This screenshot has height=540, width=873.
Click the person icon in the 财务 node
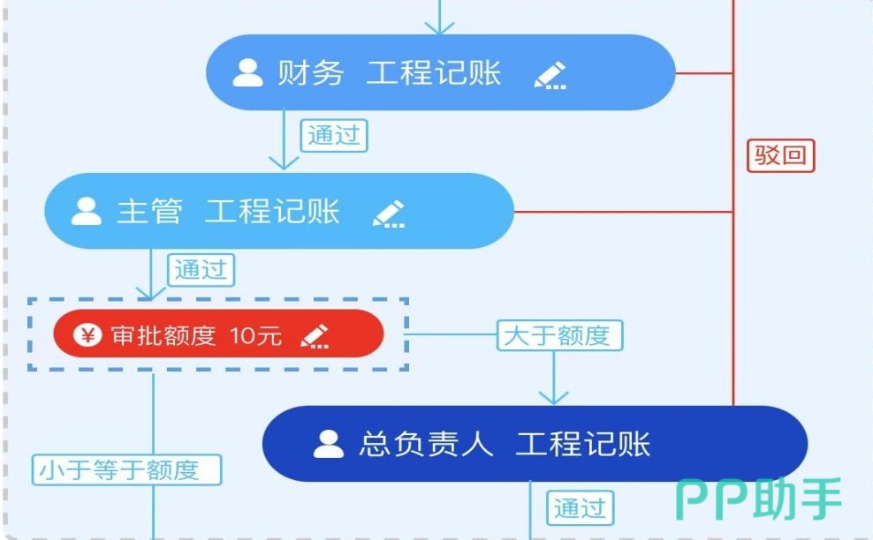pyautogui.click(x=247, y=73)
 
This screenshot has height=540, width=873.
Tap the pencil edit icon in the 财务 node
pyautogui.click(x=550, y=75)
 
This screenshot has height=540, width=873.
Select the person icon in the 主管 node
pyautogui.click(x=87, y=212)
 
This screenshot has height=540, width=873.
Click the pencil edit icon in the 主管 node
pyautogui.click(x=389, y=214)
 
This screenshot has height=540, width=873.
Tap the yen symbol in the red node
pyautogui.click(x=87, y=335)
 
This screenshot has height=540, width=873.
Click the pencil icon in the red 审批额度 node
pyautogui.click(x=315, y=336)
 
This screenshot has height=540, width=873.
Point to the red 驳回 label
pyautogui.click(x=780, y=155)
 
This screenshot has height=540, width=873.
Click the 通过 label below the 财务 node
pyautogui.click(x=334, y=135)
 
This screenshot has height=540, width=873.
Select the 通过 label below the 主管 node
pyautogui.click(x=201, y=270)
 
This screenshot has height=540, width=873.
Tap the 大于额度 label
pyautogui.click(x=559, y=335)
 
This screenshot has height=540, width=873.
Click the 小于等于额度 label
pyautogui.click(x=126, y=470)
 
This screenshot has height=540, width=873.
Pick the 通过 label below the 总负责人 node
pyautogui.click(x=581, y=507)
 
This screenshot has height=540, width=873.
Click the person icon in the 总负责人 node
pyautogui.click(x=329, y=444)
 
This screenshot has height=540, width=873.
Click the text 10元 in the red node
pyautogui.click(x=255, y=335)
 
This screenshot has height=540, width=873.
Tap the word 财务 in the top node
pyautogui.click(x=311, y=73)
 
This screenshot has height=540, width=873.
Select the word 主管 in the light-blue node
pyautogui.click(x=149, y=212)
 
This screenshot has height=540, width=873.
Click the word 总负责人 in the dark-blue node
pyautogui.click(x=426, y=444)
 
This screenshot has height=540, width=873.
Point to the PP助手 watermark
pyautogui.click(x=759, y=499)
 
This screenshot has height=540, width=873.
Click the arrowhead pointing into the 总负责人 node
pyautogui.click(x=554, y=398)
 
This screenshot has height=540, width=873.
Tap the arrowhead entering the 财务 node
pyautogui.click(x=440, y=28)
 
